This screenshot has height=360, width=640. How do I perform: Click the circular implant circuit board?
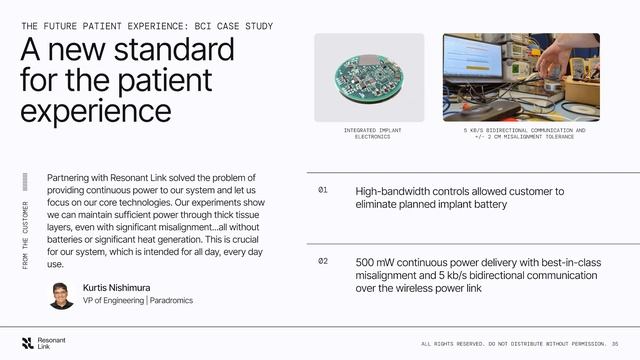[369, 78]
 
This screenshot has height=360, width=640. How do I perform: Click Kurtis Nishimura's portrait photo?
[61, 295]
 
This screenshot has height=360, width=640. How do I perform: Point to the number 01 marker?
[323, 189]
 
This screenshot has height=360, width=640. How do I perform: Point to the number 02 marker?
[323, 261]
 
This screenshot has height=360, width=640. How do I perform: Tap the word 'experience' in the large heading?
[95, 110]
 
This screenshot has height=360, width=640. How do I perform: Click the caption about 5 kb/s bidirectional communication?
[525, 133]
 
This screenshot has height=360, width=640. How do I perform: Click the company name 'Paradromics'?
[171, 300]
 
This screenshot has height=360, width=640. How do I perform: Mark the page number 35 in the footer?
[615, 343]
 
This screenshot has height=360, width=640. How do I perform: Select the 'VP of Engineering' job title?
[113, 300]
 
